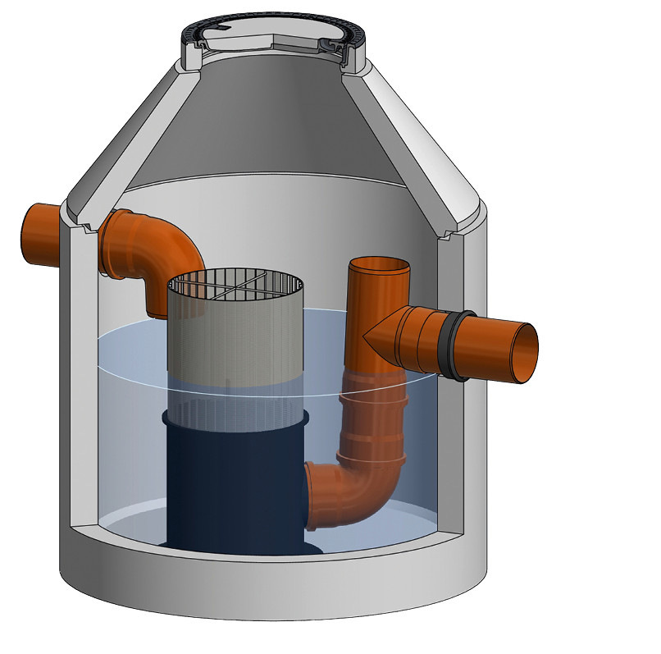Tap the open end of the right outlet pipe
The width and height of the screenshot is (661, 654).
524,353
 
